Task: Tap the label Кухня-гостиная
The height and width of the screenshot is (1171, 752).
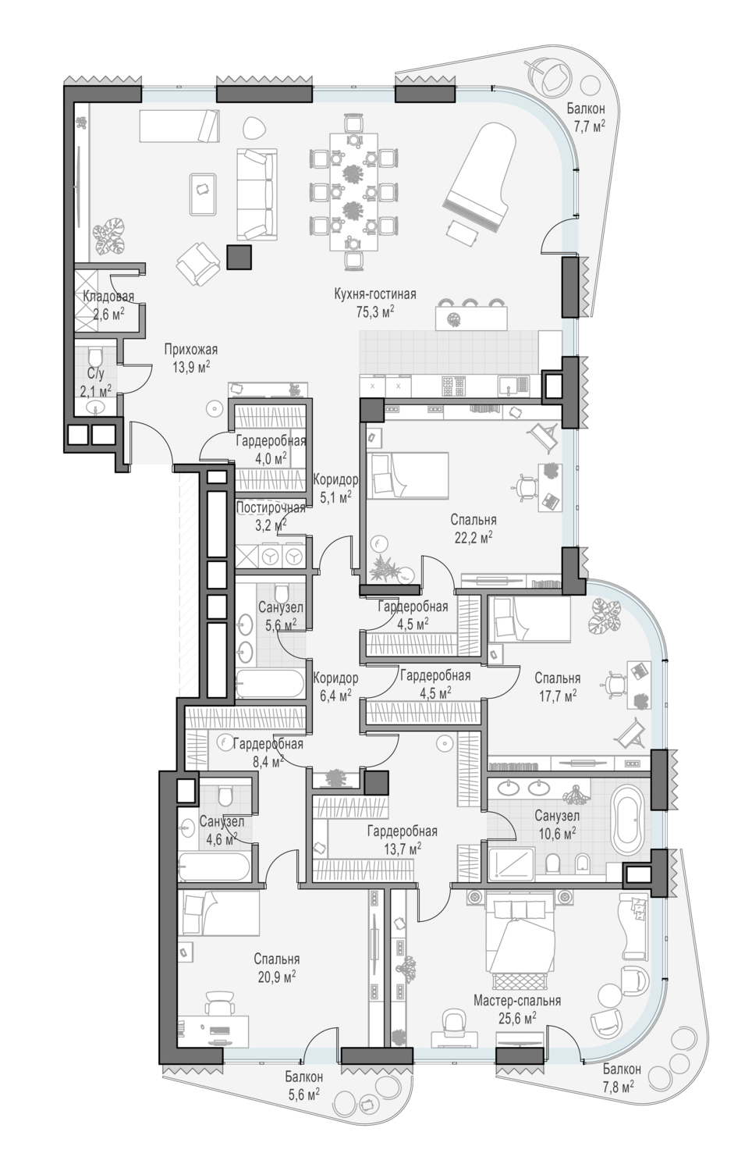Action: coord(375,294)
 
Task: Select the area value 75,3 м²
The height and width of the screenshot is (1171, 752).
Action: coord(375,312)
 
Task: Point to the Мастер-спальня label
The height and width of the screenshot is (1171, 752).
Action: coord(517,1001)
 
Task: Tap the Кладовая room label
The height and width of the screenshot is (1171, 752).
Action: coord(108,296)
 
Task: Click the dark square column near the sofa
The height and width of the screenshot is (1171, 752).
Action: coord(239,257)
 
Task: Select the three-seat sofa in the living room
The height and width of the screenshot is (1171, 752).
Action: coord(256,194)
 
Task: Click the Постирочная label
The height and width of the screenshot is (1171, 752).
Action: coord(271,507)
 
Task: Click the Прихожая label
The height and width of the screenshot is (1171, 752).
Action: coord(191,349)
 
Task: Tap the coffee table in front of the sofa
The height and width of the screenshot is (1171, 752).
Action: coord(204,194)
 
